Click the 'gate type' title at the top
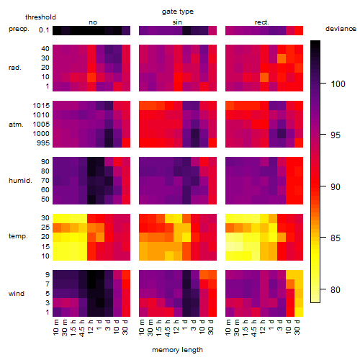point(178,12)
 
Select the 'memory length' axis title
point(177,350)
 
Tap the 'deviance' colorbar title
point(341,29)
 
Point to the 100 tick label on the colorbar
point(338,84)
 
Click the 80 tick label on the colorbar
point(336,290)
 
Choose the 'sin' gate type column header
point(177,22)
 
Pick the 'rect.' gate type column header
point(261,22)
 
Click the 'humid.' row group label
point(20,181)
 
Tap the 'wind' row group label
point(17,294)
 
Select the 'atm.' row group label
point(16,125)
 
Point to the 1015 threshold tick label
point(41,106)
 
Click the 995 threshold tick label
point(43,143)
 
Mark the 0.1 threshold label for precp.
point(44,30)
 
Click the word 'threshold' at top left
point(40,17)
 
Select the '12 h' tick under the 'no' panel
point(90,327)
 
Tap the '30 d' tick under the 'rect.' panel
point(297,327)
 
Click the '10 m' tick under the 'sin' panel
point(142,328)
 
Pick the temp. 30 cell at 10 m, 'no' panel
point(57,218)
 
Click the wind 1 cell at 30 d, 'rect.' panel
point(299,312)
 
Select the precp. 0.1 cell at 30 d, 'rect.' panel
point(299,30)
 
